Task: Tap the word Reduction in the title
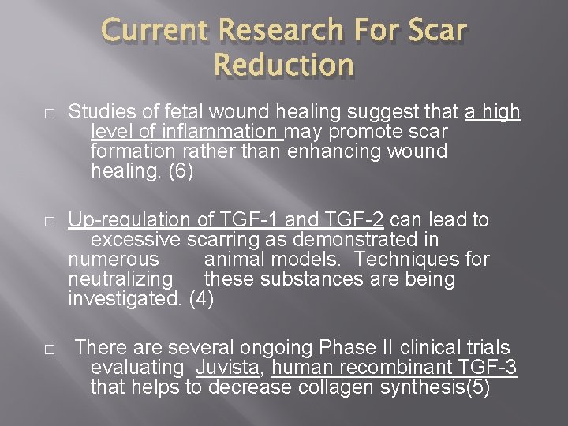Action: pyautogui.click(x=283, y=65)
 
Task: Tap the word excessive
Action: pyautogui.click(x=136, y=239)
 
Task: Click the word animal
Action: pyautogui.click(x=234, y=259)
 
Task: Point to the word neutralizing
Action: pyautogui.click(x=120, y=278)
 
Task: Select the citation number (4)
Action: pyautogui.click(x=202, y=299)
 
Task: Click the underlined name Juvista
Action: pyautogui.click(x=226, y=367)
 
